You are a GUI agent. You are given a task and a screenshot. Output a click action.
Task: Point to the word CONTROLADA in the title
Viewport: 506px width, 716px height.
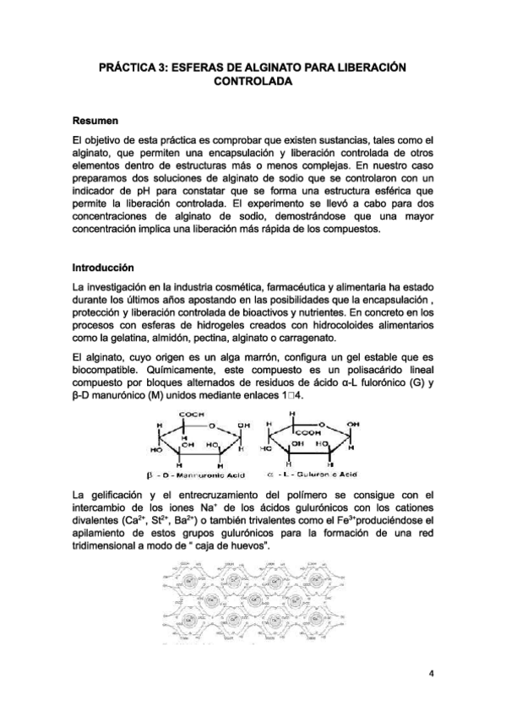pyautogui.click(x=253, y=82)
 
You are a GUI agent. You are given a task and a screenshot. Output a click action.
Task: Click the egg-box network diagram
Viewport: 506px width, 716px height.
pyautogui.click(x=253, y=608)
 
